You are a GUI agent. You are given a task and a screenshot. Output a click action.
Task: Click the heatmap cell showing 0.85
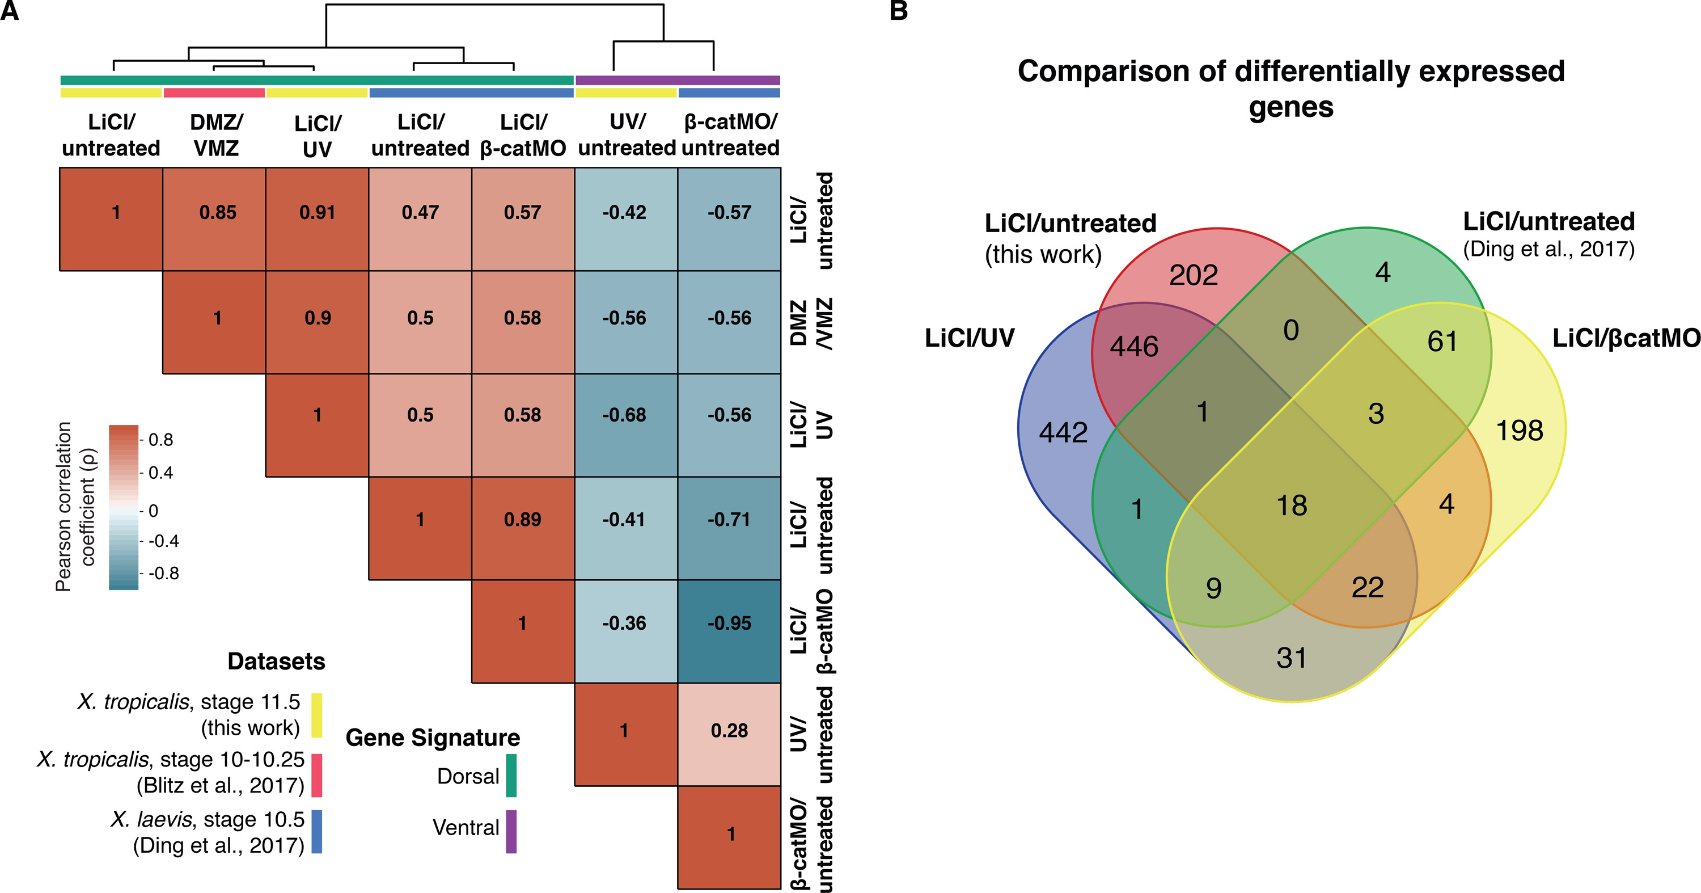click(x=217, y=213)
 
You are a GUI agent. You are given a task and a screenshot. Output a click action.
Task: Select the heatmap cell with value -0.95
click(x=729, y=624)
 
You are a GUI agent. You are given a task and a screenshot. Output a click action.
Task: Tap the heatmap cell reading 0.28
click(x=729, y=731)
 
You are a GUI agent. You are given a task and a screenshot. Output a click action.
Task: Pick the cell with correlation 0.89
click(x=522, y=520)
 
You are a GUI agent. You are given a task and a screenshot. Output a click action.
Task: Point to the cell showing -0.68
click(x=624, y=415)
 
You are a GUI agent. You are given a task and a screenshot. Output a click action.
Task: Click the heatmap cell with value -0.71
click(x=729, y=520)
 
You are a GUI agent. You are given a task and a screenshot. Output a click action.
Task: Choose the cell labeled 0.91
click(x=317, y=213)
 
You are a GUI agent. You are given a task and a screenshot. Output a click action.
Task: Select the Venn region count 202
click(x=1193, y=275)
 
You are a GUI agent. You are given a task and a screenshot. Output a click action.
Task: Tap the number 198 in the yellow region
click(x=1520, y=431)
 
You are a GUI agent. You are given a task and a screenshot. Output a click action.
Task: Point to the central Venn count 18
click(x=1292, y=506)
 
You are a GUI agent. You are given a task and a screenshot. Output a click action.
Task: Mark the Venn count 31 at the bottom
click(x=1291, y=659)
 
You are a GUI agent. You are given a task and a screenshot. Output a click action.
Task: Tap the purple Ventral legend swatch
click(x=511, y=831)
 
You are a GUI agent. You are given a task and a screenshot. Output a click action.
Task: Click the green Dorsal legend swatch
click(x=511, y=776)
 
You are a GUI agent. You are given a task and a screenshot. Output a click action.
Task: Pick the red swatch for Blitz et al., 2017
click(x=317, y=776)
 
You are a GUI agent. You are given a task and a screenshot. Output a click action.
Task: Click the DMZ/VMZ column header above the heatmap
click(x=216, y=136)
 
